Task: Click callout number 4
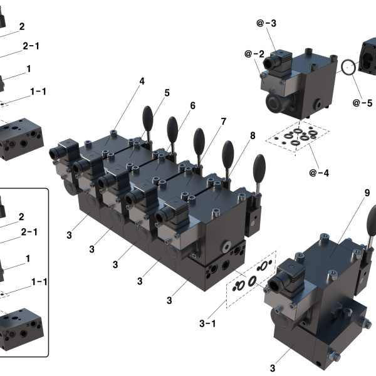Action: coord(142,81)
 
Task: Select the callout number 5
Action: coord(167,93)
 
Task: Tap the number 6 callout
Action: coord(192,106)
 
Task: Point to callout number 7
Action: coord(222,120)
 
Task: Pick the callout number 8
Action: coord(253,135)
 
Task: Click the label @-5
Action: coord(362,102)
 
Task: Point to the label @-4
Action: coord(318,173)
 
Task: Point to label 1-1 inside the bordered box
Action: coord(39,282)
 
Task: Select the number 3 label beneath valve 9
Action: coord(273,368)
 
